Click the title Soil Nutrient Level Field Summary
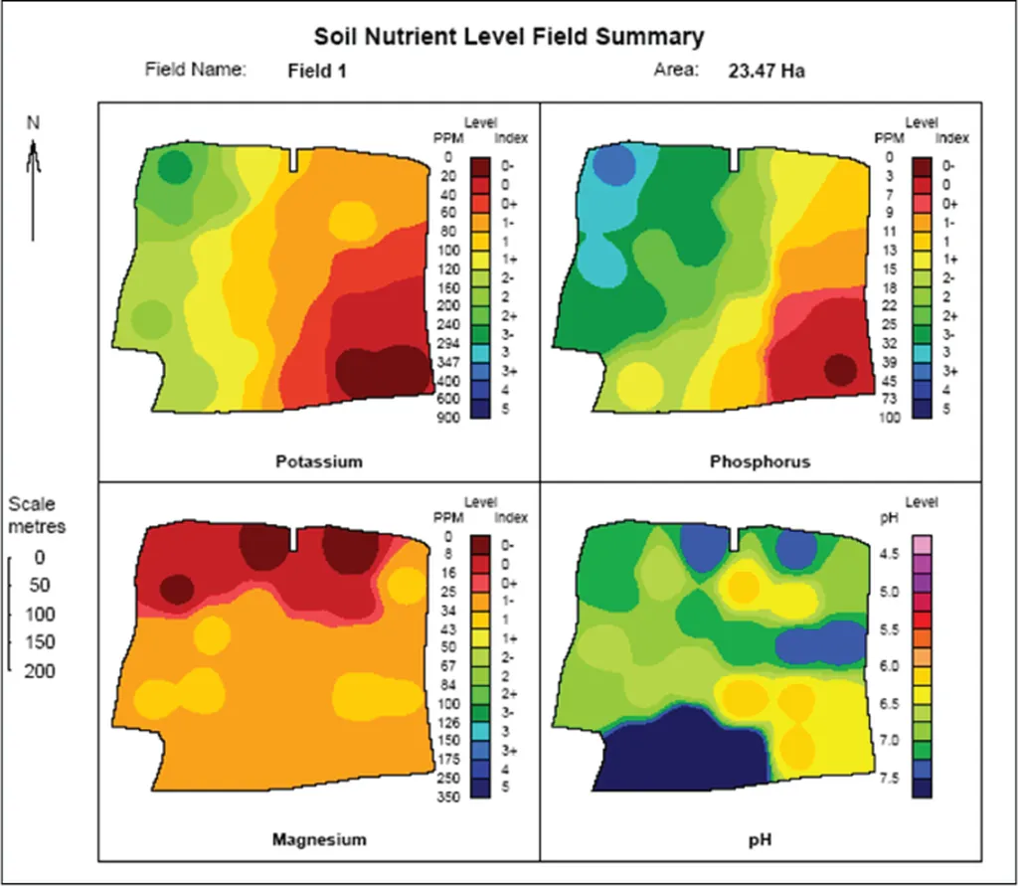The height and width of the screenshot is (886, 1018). (509, 38)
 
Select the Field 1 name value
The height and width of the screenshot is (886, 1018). (317, 71)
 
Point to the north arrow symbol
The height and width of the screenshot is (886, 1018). (34, 179)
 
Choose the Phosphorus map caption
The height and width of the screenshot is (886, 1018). (761, 461)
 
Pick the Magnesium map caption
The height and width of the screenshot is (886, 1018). (319, 839)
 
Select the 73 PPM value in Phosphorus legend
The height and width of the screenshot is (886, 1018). (887, 399)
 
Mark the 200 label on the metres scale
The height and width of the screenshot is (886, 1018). (41, 671)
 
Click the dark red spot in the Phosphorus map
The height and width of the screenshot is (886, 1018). (840, 369)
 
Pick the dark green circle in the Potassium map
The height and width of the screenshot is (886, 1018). (175, 166)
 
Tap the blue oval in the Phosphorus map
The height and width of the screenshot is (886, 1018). (614, 165)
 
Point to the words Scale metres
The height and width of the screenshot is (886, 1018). (37, 514)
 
